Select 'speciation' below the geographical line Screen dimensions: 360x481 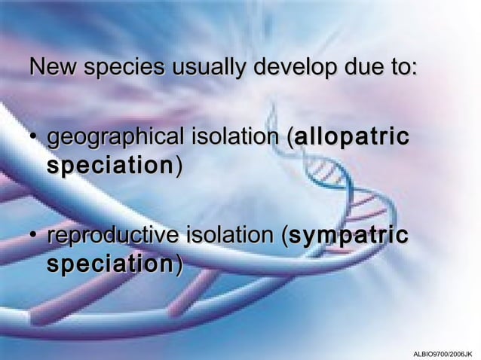pyautogui.click(x=110, y=166)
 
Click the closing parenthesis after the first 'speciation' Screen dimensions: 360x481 pyautogui.click(x=178, y=166)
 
